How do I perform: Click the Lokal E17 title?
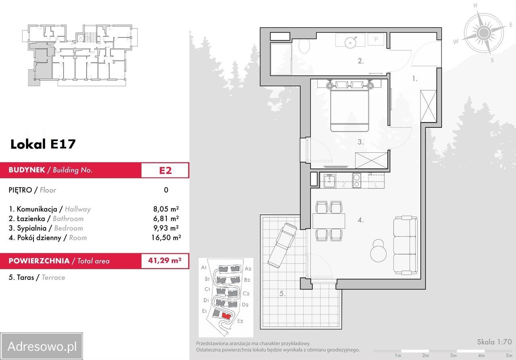coord(43,144)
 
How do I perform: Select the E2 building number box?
coord(165,170)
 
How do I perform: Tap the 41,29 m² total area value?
coord(165,260)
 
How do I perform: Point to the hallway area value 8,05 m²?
coord(166,209)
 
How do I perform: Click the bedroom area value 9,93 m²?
coord(166,228)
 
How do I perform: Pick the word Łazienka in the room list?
coord(31,218)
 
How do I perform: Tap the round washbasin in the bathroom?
coord(350,42)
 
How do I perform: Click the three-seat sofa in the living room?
coord(405,245)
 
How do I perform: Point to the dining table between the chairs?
coord(329,221)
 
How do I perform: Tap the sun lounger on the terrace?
coord(282,245)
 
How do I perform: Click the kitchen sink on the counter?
coord(330,181)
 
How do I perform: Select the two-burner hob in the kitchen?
coord(357,180)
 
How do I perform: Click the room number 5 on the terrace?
coord(283,293)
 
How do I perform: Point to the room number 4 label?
coord(361,220)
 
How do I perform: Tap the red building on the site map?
coord(226,316)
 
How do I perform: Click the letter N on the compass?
coord(475,6)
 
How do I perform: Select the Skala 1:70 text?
coord(494,342)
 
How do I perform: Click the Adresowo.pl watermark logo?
coord(42,346)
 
